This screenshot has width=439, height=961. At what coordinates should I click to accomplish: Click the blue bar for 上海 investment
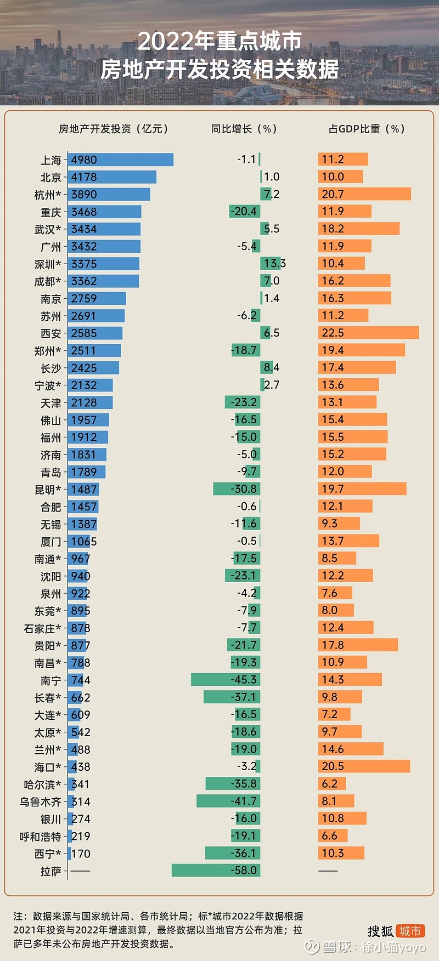pos(121,160)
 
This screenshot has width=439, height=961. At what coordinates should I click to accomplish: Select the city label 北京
pos(50,178)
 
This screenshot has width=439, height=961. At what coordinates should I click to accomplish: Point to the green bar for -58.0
pos(216,871)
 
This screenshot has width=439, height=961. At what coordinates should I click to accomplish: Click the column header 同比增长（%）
pos(244,129)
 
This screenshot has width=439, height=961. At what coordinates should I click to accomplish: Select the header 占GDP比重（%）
pos(366,129)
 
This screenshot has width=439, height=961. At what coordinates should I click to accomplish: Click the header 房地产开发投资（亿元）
pos(114,129)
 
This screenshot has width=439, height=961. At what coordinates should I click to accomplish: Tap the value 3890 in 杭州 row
pos(84,195)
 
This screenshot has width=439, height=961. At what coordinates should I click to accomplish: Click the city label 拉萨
pos(50,872)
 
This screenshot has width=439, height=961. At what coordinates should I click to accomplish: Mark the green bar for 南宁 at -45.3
pos(225,680)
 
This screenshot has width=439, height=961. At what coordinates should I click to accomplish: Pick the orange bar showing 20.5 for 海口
pos(363,766)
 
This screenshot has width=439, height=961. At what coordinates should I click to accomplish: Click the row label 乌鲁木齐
pos(40,802)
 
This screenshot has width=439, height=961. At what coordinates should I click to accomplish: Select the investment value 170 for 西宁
pos(81,854)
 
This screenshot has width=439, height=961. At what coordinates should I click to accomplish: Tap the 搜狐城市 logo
pos(396,931)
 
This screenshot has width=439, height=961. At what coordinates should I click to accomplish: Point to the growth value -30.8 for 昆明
pos(244,489)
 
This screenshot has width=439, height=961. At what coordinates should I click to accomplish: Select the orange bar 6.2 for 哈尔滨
pos(331,784)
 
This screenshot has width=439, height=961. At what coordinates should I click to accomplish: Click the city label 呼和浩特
pos(40,837)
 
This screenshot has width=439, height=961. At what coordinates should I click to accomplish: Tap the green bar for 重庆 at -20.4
pos(244,212)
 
